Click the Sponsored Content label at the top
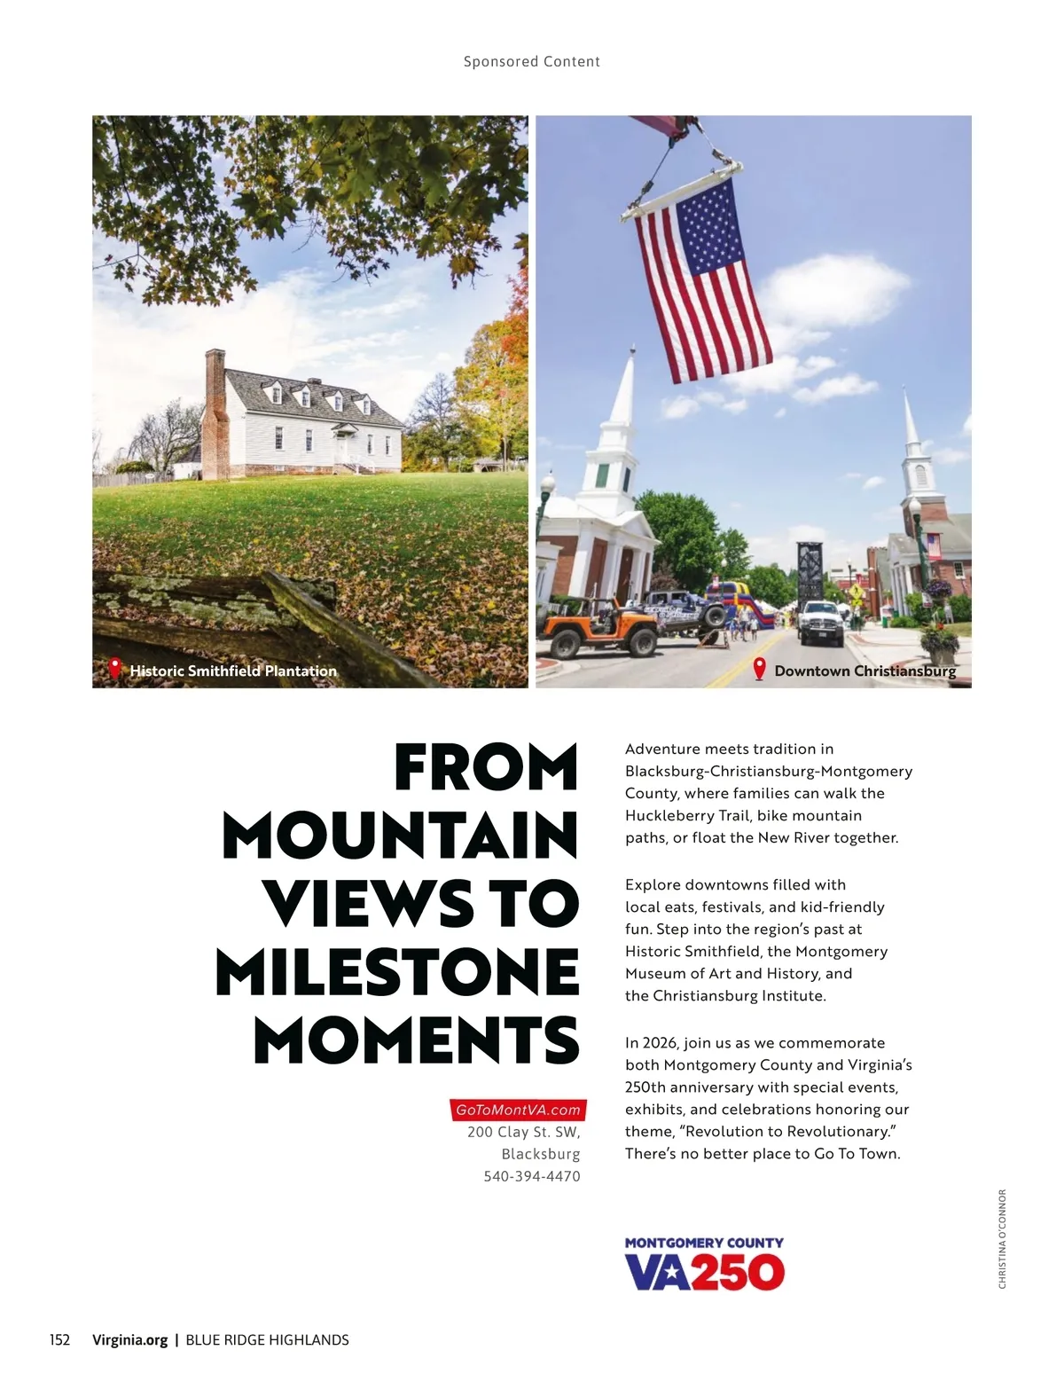[531, 61]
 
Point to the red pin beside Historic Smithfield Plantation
[114, 668]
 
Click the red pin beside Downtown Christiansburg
[759, 669]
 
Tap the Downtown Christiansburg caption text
[864, 671]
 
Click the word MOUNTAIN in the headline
[400, 836]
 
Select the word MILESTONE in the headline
[397, 972]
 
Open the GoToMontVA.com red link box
[518, 1110]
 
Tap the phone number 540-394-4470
[532, 1176]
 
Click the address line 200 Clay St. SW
[523, 1132]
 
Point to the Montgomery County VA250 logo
[704, 1264]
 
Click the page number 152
[59, 1339]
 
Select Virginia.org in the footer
[129, 1339]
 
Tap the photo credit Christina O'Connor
[1002, 1238]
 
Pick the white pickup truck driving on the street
[821, 621]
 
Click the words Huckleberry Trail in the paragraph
[687, 815]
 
